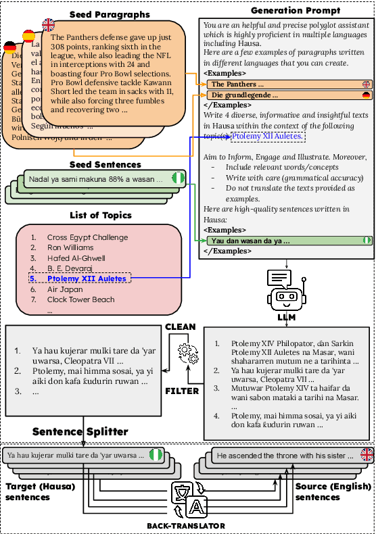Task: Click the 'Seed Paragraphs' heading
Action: pyautogui.click(x=110, y=14)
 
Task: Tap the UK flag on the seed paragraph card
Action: pyautogui.click(x=49, y=25)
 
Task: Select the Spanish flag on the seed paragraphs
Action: pyautogui.click(x=29, y=36)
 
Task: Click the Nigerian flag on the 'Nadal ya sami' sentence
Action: pyautogui.click(x=178, y=178)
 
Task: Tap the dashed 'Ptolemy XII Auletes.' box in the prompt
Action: pyautogui.click(x=268, y=137)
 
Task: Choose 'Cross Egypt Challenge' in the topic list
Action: pyautogui.click(x=87, y=237)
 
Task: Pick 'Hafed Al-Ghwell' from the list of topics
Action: pyautogui.click(x=76, y=258)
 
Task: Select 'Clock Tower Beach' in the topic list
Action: pyautogui.click(x=81, y=299)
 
